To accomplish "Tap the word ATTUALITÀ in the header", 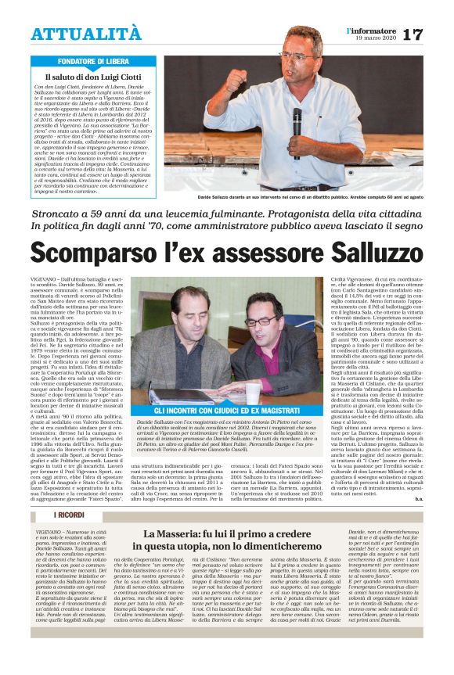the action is [86, 34].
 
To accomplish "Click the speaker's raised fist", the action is [234, 79].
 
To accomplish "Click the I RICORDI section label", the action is [69, 537].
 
